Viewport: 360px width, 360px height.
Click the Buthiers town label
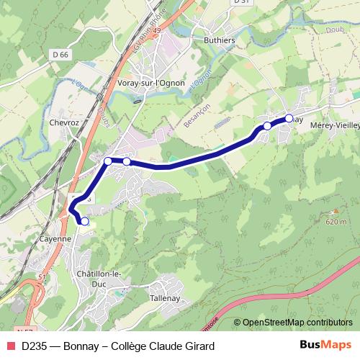coord(219,40)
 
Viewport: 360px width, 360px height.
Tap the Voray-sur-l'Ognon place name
coord(150,83)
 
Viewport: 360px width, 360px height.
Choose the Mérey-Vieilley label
coord(334,125)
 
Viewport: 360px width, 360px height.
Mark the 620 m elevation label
coord(336,222)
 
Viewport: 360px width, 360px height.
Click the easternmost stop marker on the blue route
coord(289,118)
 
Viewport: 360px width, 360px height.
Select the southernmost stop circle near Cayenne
coord(84,221)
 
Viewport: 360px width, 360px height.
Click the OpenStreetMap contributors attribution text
coord(297,322)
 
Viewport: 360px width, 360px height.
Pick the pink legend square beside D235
coord(9,346)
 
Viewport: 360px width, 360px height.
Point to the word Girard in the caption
coord(197,346)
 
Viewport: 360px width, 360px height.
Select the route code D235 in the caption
coord(35,346)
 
